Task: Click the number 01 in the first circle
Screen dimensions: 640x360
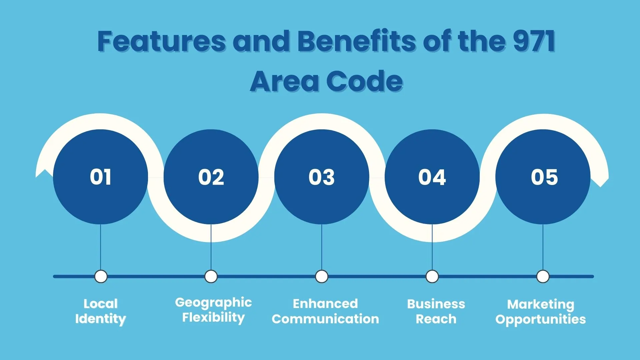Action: [x=100, y=177]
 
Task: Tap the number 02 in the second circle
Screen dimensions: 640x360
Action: [x=211, y=177]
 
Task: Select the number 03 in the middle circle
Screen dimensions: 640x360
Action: [x=322, y=177]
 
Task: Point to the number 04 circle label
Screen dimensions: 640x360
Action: [x=432, y=177]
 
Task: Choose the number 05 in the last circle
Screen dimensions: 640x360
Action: [x=544, y=177]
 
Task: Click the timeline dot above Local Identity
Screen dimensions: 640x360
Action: [x=101, y=276]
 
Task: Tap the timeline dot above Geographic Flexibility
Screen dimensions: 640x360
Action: [x=211, y=276]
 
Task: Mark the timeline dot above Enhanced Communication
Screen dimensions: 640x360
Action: [x=322, y=276]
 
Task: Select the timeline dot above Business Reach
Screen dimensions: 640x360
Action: [x=432, y=276]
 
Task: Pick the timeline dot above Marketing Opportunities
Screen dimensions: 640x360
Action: [x=543, y=276]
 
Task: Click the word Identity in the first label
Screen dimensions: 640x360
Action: [x=101, y=319]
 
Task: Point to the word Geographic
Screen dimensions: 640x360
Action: [x=213, y=303]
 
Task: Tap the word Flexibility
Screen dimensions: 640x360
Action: [x=213, y=318]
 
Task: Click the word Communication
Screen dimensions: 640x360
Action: [x=325, y=319]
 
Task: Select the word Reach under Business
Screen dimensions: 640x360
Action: [x=436, y=319]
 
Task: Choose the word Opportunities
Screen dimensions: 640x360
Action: [x=541, y=320]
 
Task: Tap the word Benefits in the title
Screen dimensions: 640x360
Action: [x=357, y=41]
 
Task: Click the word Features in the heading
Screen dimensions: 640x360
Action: [x=162, y=41]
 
